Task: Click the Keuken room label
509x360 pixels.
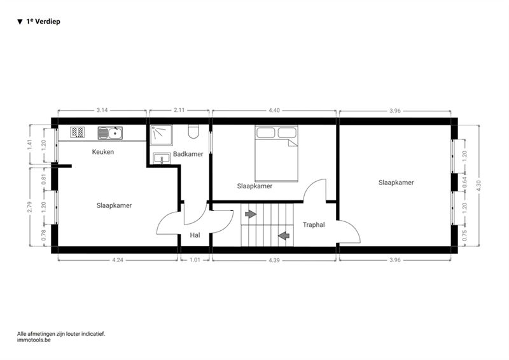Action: (103, 151)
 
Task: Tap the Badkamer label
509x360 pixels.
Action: (188, 154)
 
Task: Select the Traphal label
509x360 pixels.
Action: (314, 225)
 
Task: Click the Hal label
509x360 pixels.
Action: (195, 235)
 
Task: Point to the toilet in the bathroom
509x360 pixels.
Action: (193, 132)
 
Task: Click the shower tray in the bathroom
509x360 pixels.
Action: (162, 135)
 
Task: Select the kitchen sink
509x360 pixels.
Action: (110, 133)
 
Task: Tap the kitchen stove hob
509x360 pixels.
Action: (78, 132)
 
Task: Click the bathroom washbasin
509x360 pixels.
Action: (162, 158)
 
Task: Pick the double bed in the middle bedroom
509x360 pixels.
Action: (276, 153)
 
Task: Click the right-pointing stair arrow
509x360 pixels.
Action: (251, 214)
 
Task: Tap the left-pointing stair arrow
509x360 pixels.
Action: (284, 236)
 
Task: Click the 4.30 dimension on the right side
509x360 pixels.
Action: (479, 186)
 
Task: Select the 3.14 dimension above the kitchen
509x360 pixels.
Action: (102, 110)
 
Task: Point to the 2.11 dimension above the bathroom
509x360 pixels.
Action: (179, 110)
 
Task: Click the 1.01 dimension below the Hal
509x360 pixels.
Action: (195, 260)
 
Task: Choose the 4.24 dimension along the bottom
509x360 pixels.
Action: (118, 260)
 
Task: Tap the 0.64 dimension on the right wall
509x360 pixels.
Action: (464, 182)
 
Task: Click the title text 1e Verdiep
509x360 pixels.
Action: (43, 22)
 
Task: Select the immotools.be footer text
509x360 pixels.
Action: (34, 340)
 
